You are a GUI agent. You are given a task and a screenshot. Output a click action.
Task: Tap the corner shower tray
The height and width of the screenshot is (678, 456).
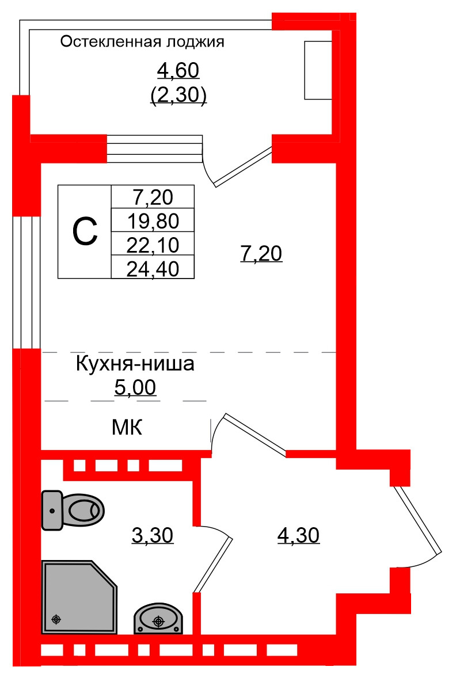point(78,597)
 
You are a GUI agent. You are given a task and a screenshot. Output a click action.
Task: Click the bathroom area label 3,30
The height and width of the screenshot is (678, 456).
point(153,536)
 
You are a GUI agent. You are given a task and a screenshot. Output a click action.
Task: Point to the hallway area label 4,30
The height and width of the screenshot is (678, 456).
point(298,536)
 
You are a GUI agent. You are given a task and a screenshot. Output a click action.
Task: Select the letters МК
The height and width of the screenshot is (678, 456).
point(127,428)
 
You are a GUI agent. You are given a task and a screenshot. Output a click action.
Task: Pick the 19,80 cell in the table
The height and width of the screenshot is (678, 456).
point(153,220)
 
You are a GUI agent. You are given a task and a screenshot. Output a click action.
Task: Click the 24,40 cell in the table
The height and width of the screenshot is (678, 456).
point(153,267)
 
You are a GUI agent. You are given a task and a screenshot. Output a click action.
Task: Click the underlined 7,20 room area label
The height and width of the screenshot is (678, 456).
point(261,253)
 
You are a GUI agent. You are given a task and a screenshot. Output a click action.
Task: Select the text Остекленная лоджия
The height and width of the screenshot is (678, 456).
point(142,42)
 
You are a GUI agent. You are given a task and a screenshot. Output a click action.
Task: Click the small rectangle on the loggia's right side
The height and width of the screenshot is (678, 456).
point(318,70)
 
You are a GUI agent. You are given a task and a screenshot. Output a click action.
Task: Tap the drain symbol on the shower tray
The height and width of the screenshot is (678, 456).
point(56,619)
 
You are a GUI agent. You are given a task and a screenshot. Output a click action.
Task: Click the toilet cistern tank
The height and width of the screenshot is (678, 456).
point(52,510)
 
